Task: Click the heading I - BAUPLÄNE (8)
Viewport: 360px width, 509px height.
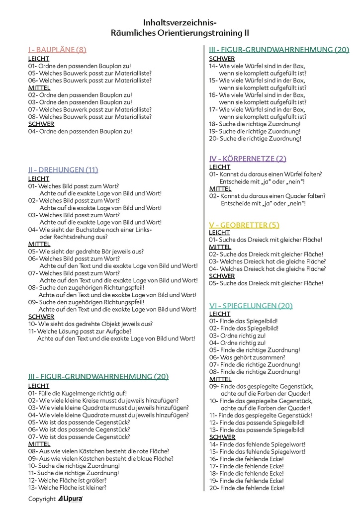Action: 57,49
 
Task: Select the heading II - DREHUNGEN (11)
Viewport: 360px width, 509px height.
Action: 63,170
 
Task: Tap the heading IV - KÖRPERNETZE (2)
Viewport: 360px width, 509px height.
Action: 248,159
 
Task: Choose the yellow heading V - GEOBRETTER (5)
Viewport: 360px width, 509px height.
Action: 244,225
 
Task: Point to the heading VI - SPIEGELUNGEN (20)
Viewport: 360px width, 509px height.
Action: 251,305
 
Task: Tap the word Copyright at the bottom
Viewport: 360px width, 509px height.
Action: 42,499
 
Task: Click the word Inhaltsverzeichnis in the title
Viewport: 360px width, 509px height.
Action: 180,22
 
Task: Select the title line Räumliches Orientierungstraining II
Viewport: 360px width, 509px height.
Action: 180,33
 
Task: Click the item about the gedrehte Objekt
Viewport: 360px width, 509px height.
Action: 90,324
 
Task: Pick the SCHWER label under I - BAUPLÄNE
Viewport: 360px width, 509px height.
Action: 41,124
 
